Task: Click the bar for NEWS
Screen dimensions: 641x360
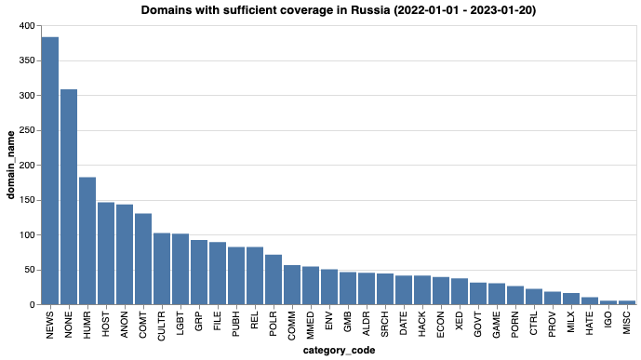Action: [50, 171]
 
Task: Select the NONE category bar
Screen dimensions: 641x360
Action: [69, 197]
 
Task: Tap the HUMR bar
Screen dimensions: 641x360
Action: [87, 241]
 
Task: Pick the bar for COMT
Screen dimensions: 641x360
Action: [143, 259]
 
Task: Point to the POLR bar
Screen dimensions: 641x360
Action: [274, 280]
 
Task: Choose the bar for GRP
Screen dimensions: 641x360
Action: [199, 273]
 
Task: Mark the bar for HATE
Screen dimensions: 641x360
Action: [590, 301]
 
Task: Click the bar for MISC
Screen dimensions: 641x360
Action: [627, 303]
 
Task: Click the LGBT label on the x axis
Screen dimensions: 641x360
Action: [180, 324]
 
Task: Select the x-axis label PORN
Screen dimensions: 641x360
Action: [515, 325]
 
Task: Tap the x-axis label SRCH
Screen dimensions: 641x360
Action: [385, 325]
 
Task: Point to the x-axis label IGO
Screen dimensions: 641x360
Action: [608, 321]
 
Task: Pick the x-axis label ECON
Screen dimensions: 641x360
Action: [441, 325]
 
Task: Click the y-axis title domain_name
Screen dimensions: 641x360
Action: [10, 165]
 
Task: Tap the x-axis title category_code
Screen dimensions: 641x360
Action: [339, 351]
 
